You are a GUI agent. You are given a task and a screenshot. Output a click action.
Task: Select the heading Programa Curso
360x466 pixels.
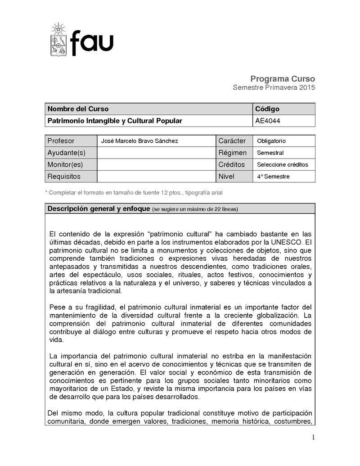point(283,78)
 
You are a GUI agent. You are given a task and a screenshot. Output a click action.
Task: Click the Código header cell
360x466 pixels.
point(267,109)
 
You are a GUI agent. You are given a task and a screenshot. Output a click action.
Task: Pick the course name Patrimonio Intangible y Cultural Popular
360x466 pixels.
point(115,121)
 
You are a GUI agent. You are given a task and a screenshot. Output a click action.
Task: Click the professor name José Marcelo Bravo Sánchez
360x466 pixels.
point(139,141)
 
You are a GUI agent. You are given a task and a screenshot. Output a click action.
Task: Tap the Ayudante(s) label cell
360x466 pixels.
point(66,153)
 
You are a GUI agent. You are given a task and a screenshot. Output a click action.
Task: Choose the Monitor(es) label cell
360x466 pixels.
point(65,164)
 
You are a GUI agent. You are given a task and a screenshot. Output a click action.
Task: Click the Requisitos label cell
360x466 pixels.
point(64,176)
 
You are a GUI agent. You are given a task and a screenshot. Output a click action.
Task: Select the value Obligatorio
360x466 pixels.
point(271,141)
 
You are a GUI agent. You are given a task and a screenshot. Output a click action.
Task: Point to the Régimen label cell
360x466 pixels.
point(232,153)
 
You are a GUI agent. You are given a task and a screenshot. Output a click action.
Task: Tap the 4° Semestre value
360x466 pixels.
point(273,176)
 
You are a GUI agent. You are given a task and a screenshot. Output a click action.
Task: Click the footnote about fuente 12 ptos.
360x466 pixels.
point(134,193)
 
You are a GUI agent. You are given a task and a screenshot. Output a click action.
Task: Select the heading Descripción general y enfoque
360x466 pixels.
point(99,209)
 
